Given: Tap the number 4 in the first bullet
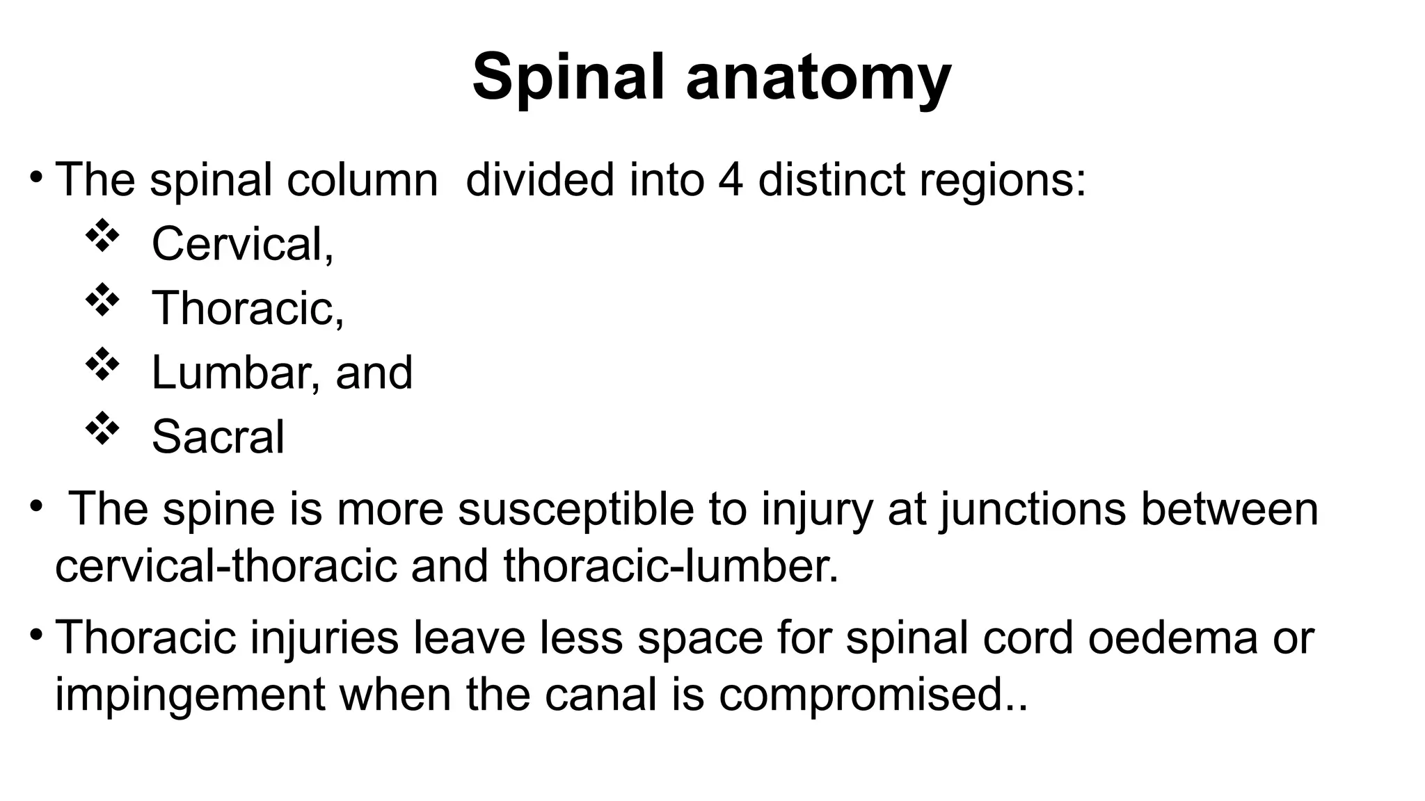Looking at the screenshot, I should pos(730,180).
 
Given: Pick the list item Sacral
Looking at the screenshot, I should pos(218,437).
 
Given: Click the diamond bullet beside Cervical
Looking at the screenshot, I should pos(102,236).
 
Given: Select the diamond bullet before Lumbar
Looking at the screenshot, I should pos(102,364).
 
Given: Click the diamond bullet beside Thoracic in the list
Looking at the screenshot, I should pos(102,300).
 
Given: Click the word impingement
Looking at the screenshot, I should pos(189,695).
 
